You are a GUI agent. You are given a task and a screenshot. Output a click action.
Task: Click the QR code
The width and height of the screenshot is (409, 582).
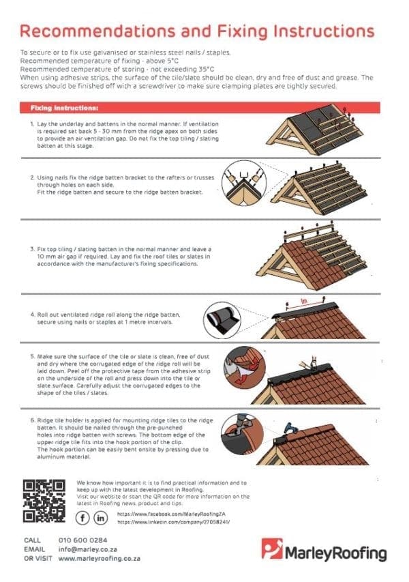pos(44,501)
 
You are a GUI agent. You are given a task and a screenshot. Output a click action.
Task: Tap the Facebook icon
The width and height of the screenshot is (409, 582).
pos(84,518)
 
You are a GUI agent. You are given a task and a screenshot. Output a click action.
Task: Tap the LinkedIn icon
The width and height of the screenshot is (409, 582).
pos(101,518)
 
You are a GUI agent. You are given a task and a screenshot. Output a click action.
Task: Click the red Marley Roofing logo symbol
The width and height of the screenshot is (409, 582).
pos(273,549)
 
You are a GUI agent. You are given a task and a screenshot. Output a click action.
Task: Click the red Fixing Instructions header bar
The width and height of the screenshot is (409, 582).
pos(198,108)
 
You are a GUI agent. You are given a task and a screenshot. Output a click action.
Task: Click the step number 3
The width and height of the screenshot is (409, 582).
pos(32,250)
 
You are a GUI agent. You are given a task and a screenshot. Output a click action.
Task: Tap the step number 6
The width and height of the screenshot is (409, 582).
pos(32,421)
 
